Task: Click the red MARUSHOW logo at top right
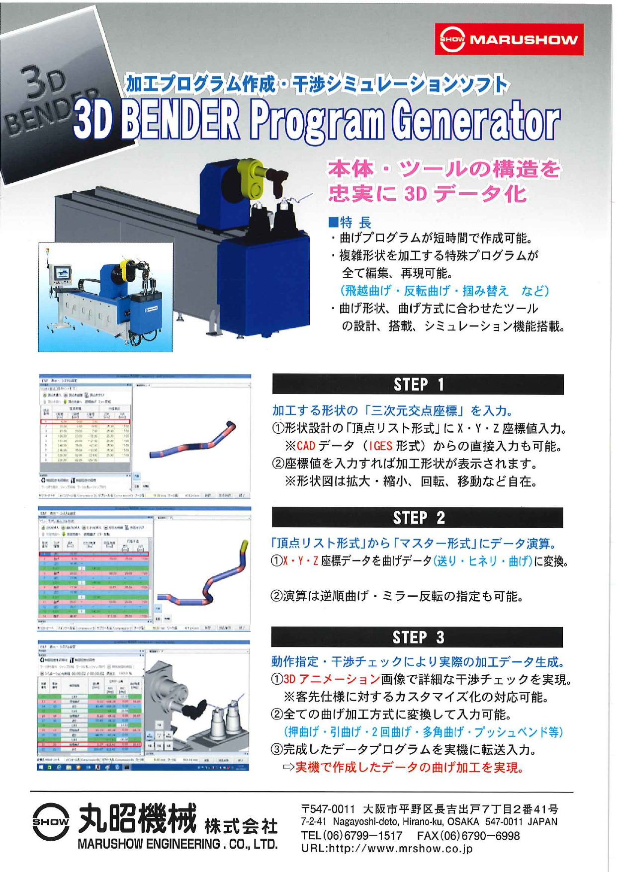pos(509,39)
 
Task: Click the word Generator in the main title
pos(475,121)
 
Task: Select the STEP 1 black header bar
pos(418,385)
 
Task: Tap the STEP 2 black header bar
pos(418,518)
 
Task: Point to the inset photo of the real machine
pos(105,297)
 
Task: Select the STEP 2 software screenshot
pos(144,569)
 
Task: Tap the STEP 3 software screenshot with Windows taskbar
pos(144,706)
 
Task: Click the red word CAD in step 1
pos(306,446)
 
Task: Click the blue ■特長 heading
pos(350,223)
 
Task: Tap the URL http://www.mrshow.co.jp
pos(387,849)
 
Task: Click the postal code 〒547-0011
pos(328,809)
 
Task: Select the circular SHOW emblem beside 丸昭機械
pos(50,821)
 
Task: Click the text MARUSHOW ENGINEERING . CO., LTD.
pos(177,844)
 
